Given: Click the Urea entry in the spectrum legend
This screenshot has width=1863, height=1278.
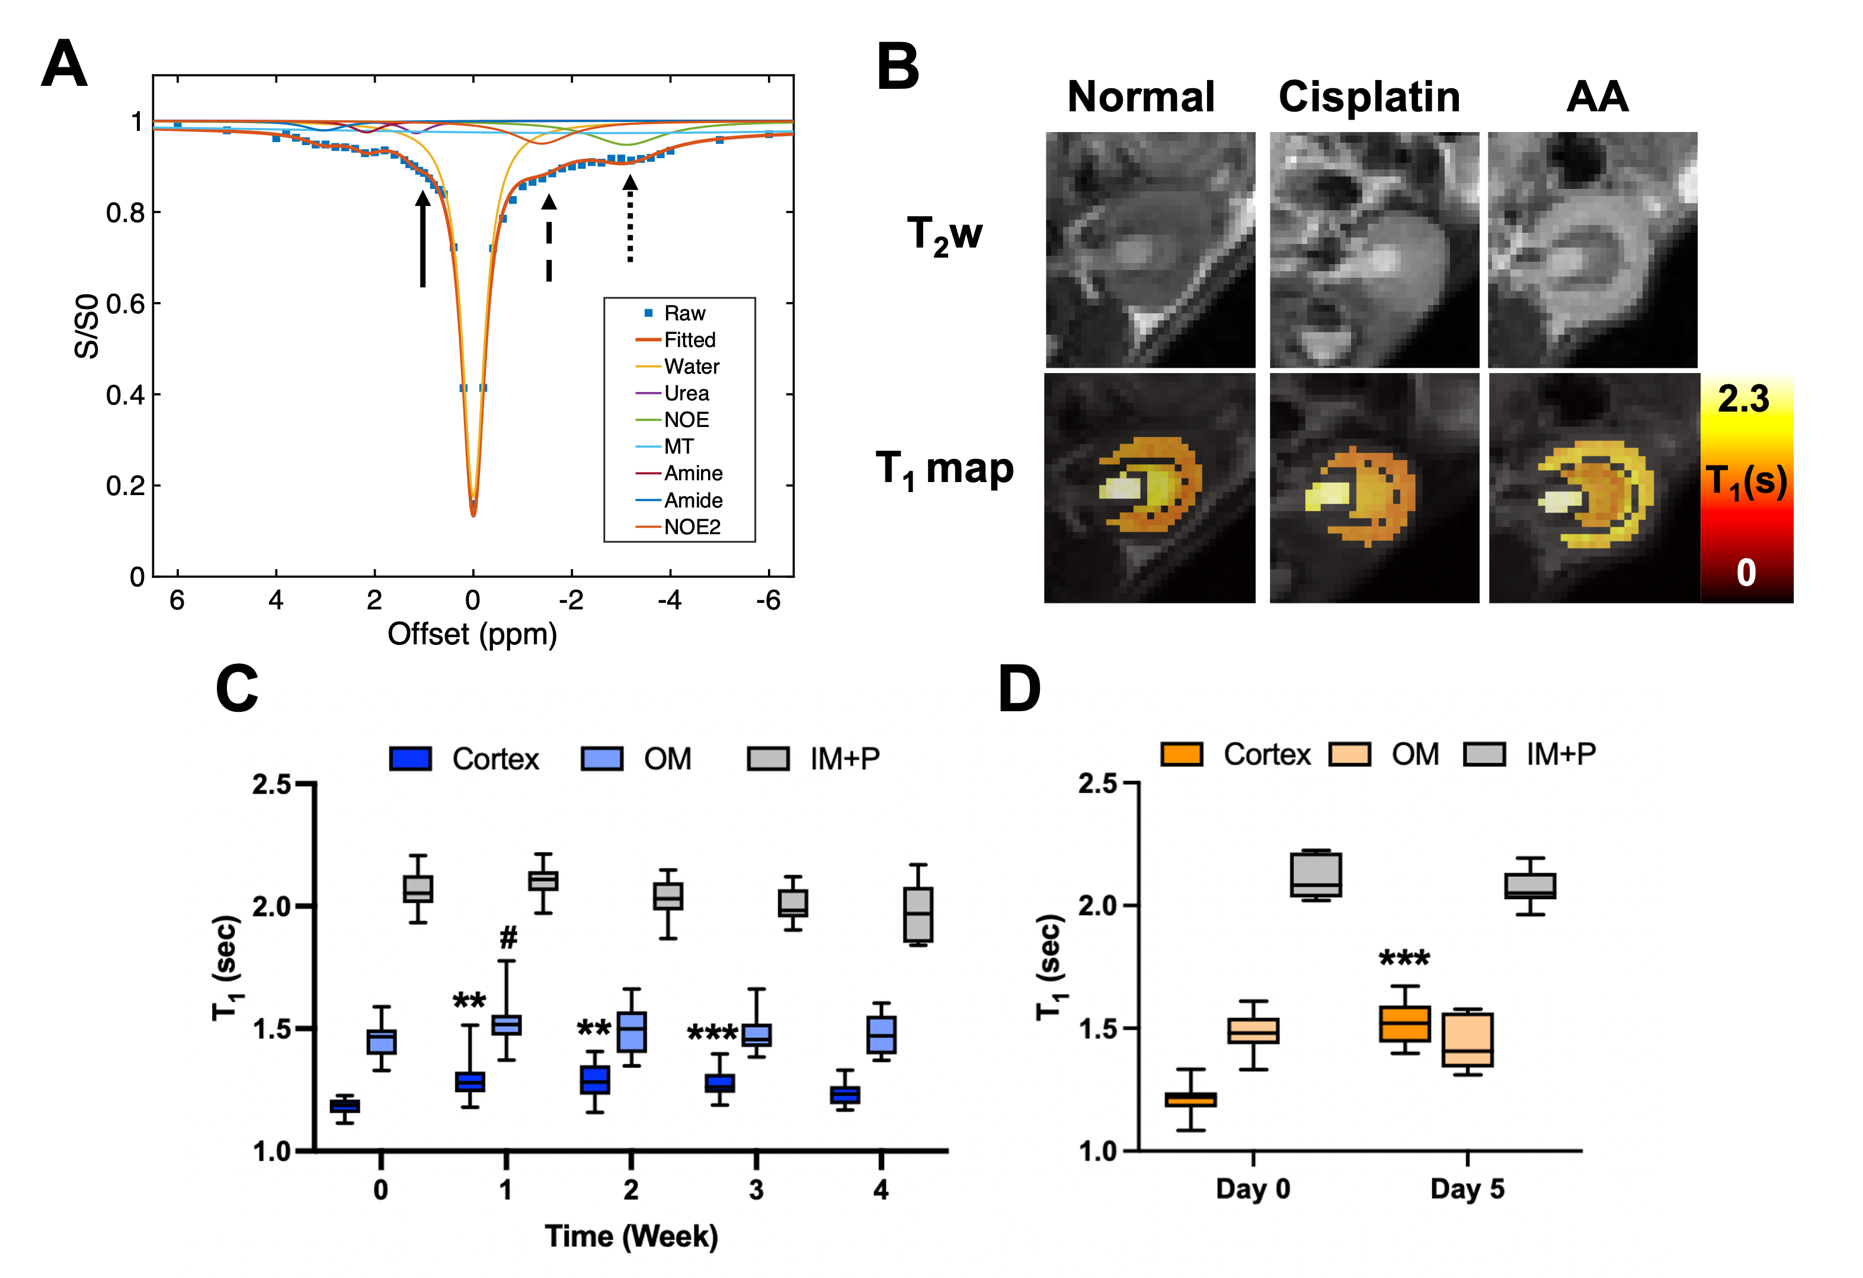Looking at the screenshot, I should click(x=686, y=393).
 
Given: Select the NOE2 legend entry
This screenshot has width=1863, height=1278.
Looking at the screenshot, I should click(x=692, y=527).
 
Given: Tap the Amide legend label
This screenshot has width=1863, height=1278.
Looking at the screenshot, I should click(x=693, y=501).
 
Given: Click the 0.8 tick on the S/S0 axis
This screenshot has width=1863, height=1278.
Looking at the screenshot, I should click(x=125, y=213).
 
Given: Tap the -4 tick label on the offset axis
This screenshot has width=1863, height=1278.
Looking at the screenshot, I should click(x=670, y=600).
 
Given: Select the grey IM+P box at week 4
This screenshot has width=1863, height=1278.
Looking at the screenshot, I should click(x=918, y=914).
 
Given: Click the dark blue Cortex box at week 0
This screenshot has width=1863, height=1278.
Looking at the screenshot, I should click(x=345, y=1106).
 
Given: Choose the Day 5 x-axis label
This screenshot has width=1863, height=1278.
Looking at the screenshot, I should click(x=1467, y=1189).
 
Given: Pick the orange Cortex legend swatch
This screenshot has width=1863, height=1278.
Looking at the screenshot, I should click(x=1182, y=754).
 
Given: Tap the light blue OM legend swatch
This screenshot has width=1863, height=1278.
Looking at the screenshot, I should click(x=602, y=759).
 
